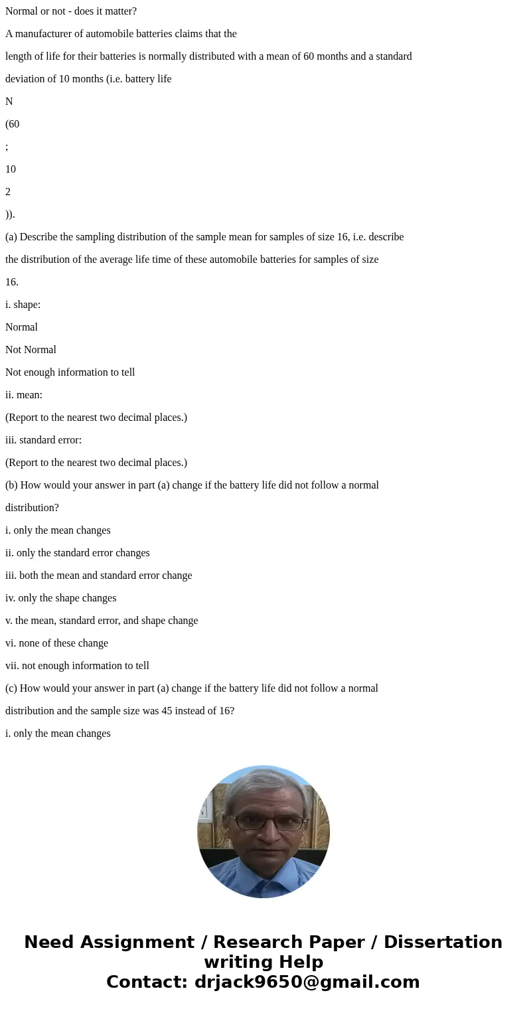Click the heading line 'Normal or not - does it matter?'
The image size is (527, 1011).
pyautogui.click(x=71, y=11)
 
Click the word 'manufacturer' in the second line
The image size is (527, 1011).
pyautogui.click(x=45, y=34)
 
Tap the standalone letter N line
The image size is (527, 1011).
pyautogui.click(x=9, y=102)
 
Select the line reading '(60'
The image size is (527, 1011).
pyautogui.click(x=13, y=124)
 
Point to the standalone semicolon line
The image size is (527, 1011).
pyautogui.click(x=7, y=147)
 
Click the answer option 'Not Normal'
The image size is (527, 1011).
pyautogui.click(x=31, y=350)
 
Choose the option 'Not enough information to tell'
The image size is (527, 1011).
pyautogui.click(x=70, y=372)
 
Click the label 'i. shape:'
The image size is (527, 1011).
pyautogui.click(x=23, y=305)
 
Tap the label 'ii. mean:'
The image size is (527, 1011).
pyautogui.click(x=24, y=395)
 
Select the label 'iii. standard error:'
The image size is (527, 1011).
pyautogui.click(x=43, y=440)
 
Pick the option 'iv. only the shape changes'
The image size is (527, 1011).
pyautogui.click(x=60, y=598)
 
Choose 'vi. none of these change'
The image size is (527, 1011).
pyautogui.click(x=56, y=643)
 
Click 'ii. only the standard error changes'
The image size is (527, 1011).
pyautogui.click(x=78, y=553)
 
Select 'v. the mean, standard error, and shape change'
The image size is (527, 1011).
pyautogui.click(x=102, y=621)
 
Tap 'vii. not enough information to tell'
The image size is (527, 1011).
pyautogui.click(x=77, y=666)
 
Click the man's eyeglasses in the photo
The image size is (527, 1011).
pyautogui.click(x=263, y=822)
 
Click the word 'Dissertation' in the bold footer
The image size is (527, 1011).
pyautogui.click(x=443, y=942)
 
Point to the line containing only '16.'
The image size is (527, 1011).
pyautogui.click(x=12, y=282)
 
